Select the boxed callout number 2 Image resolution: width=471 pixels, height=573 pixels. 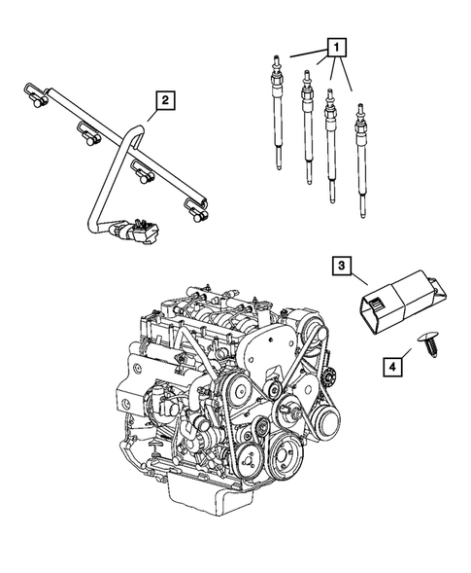[x=166, y=98]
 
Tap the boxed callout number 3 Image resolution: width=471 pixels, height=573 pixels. [x=341, y=264]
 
